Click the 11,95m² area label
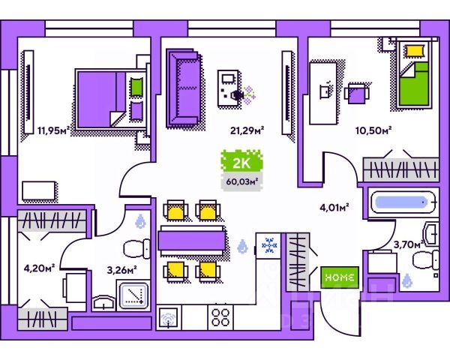53,129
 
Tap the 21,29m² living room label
247,129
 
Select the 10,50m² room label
373,129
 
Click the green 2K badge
239,161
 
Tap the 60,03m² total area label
241,180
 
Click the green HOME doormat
340,276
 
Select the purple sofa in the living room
183,86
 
